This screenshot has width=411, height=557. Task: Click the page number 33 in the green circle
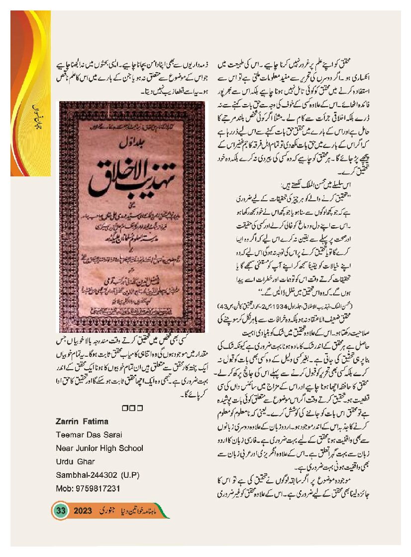61,511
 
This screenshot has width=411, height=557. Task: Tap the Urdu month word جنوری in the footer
107,511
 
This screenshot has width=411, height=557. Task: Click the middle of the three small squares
132,409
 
